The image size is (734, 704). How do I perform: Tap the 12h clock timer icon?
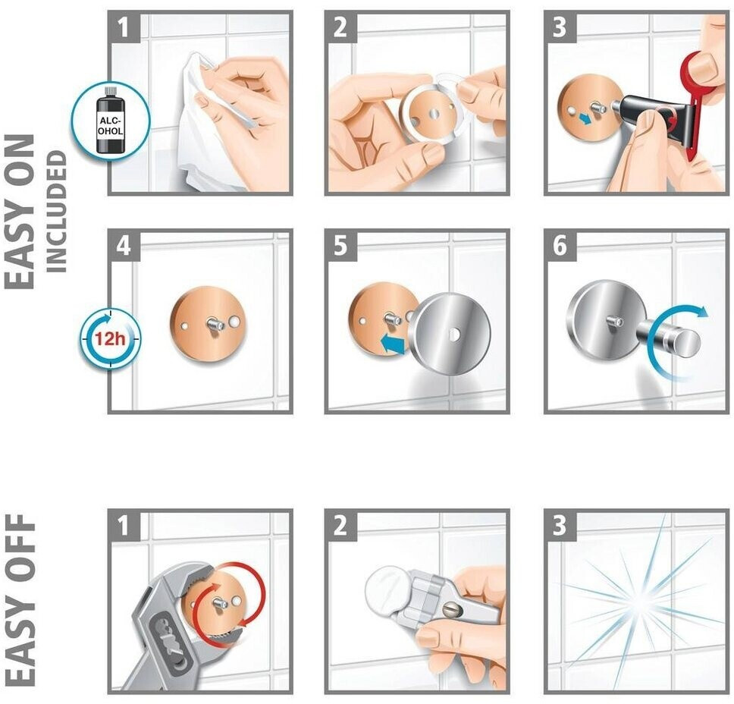pyautogui.click(x=110, y=338)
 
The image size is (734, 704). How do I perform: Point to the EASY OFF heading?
pyautogui.click(x=21, y=599)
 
